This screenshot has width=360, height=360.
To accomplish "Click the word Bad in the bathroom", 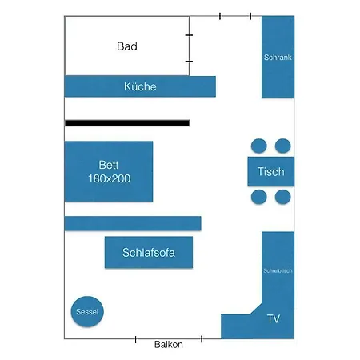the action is (x=127, y=46).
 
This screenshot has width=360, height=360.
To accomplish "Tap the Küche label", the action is (x=140, y=86).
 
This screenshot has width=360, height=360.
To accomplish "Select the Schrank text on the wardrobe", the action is (x=278, y=58).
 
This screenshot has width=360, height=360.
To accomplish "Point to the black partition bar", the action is (x=127, y=123).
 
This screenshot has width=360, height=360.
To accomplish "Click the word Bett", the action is (x=109, y=165).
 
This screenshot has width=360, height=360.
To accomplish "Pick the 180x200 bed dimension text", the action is (x=110, y=178).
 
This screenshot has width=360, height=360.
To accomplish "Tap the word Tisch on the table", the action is (x=271, y=172).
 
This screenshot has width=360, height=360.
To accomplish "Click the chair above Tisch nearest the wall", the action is (x=283, y=146).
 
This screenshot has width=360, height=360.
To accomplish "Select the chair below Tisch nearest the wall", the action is (x=283, y=197).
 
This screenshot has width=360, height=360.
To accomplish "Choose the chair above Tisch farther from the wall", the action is (x=259, y=146).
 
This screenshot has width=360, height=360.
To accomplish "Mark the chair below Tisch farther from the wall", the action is (x=259, y=197).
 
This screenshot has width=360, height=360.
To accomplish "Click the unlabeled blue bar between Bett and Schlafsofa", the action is (x=133, y=223).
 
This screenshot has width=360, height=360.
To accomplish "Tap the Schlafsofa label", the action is (x=149, y=253).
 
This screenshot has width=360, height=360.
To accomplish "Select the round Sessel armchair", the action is (x=87, y=311).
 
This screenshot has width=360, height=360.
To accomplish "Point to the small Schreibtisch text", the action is (x=278, y=271).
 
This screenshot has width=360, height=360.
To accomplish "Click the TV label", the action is (x=274, y=318).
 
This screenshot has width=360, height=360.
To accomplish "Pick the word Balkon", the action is (x=169, y=345).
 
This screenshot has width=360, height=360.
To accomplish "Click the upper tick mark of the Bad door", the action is (x=189, y=35).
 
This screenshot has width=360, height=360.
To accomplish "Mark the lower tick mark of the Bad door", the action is (x=189, y=62).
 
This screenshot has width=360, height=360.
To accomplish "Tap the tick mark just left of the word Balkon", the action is (x=136, y=339).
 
